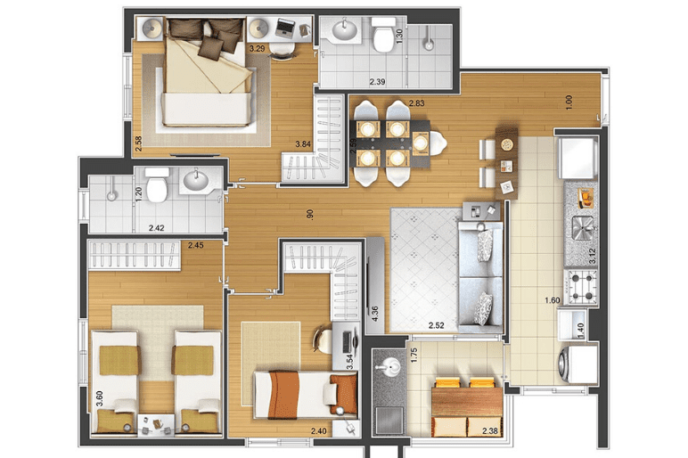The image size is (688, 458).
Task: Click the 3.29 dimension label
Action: pos(257,49)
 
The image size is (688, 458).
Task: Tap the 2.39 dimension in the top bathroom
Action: pos(377,82)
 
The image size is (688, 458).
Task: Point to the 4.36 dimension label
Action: pos(374,314)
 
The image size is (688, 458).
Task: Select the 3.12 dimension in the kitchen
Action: pos(593,256)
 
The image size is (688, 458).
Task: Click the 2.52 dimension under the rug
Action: pos(436,325)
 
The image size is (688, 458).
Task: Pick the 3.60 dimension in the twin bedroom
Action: pos(100,399)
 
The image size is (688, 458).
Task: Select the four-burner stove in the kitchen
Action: pos(581,287)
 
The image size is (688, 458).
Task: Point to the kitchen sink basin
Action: pos(583,228)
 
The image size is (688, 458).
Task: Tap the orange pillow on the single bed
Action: pos(344,393)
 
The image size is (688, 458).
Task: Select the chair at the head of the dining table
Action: pos(438,143)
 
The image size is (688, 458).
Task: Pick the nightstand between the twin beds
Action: pos(156,425)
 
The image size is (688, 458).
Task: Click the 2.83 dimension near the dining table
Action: pos(417,103)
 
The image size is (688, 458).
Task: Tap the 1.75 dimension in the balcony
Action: pos(414,356)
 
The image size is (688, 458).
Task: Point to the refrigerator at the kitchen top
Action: pos(577,157)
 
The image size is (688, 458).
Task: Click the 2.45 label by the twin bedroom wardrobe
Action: pos(196,246)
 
